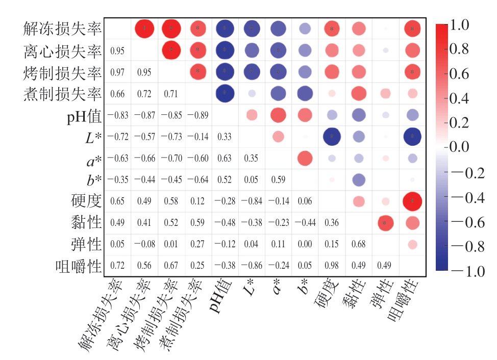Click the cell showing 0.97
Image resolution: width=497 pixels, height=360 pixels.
pyautogui.click(x=118, y=73)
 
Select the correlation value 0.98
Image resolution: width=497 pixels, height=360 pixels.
pyautogui.click(x=332, y=266)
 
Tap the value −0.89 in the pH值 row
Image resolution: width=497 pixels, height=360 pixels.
pyautogui.click(x=198, y=116)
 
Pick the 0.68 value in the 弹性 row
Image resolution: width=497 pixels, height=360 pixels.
pyautogui.click(x=358, y=244)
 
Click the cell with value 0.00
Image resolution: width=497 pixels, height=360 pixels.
pyautogui.click(x=305, y=244)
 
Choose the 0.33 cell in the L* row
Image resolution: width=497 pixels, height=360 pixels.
pyautogui.click(x=225, y=137)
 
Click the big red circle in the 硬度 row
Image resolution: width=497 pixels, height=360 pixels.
pyautogui.click(x=412, y=201)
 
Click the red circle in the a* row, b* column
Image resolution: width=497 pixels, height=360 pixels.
pyautogui.click(x=305, y=159)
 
